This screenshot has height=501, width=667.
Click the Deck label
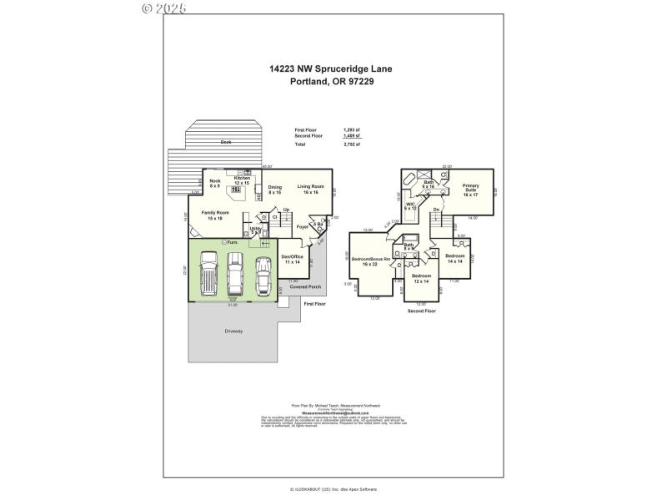pyautogui.click(x=225, y=142)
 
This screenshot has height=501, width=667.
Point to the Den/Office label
pyautogui.click(x=292, y=259)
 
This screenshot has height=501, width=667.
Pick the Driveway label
pyautogui.click(x=233, y=331)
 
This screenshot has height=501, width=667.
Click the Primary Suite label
pyautogui.click(x=471, y=188)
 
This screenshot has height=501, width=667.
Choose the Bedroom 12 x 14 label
pyautogui.click(x=421, y=278)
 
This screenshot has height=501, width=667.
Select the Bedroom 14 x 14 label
pyautogui.click(x=454, y=258)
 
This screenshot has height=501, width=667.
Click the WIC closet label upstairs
pyautogui.click(x=410, y=206)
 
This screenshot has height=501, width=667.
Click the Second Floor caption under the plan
pyautogui.click(x=421, y=310)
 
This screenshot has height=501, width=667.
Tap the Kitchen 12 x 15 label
pyautogui.click(x=242, y=180)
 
